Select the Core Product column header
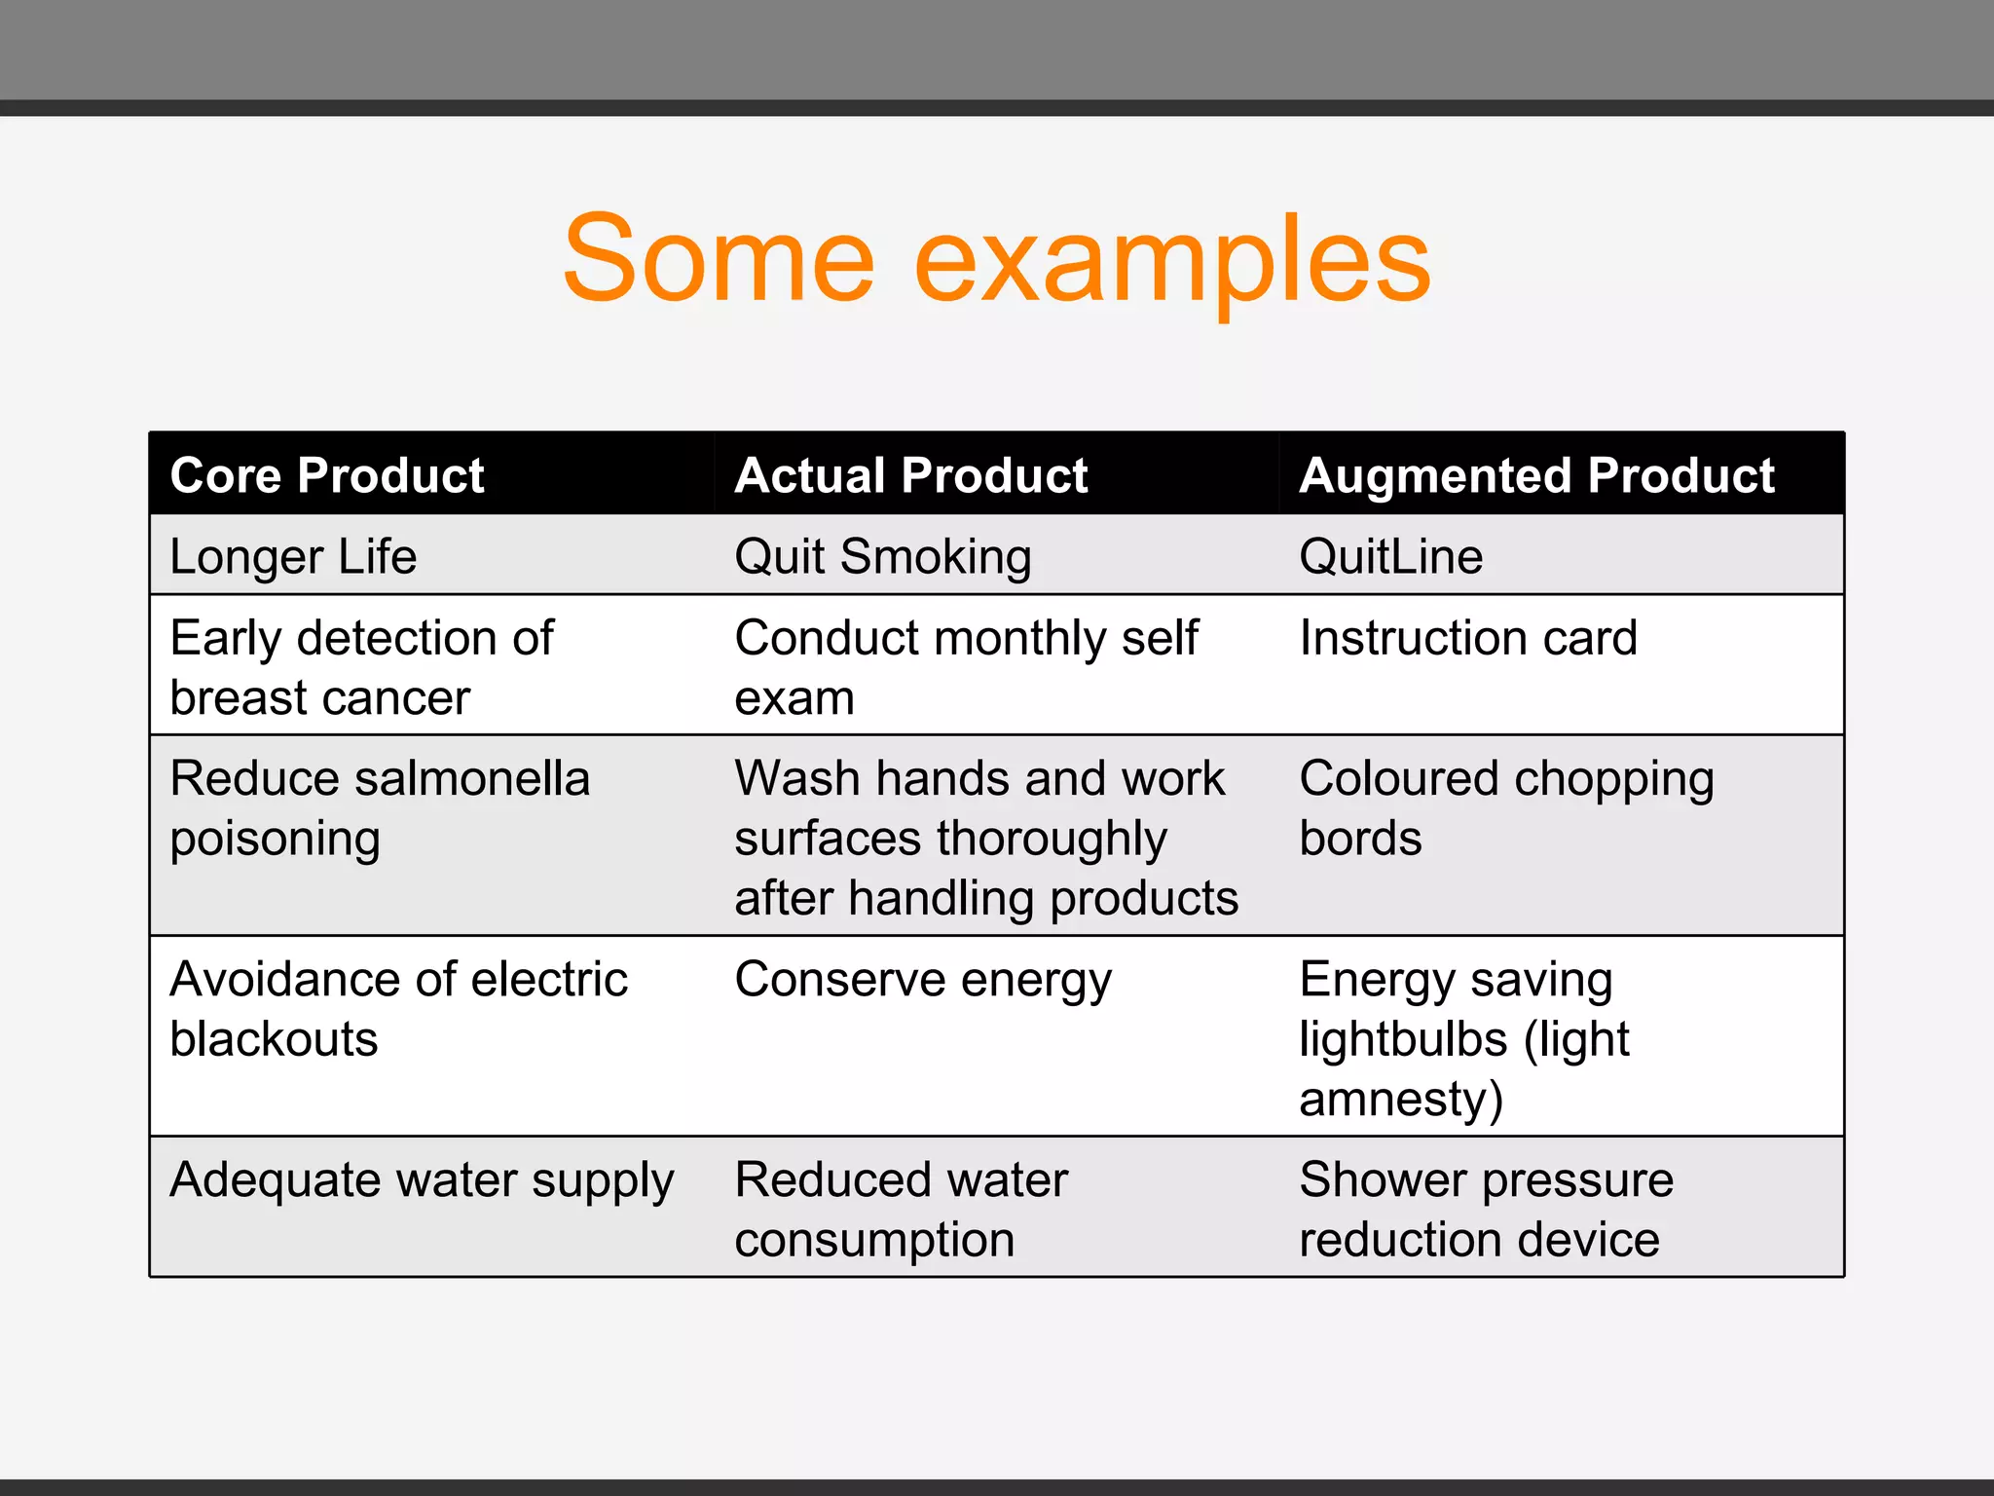point(327,475)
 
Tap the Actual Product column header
point(911,475)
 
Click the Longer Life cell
point(293,557)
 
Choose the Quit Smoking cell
point(882,557)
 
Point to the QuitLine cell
point(1390,557)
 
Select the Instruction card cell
point(1468,639)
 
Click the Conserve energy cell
point(922,980)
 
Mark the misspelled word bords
point(1360,839)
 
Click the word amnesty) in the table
point(1401,1100)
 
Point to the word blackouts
point(274,1039)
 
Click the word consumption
point(874,1240)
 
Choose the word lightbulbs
point(1403,1039)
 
